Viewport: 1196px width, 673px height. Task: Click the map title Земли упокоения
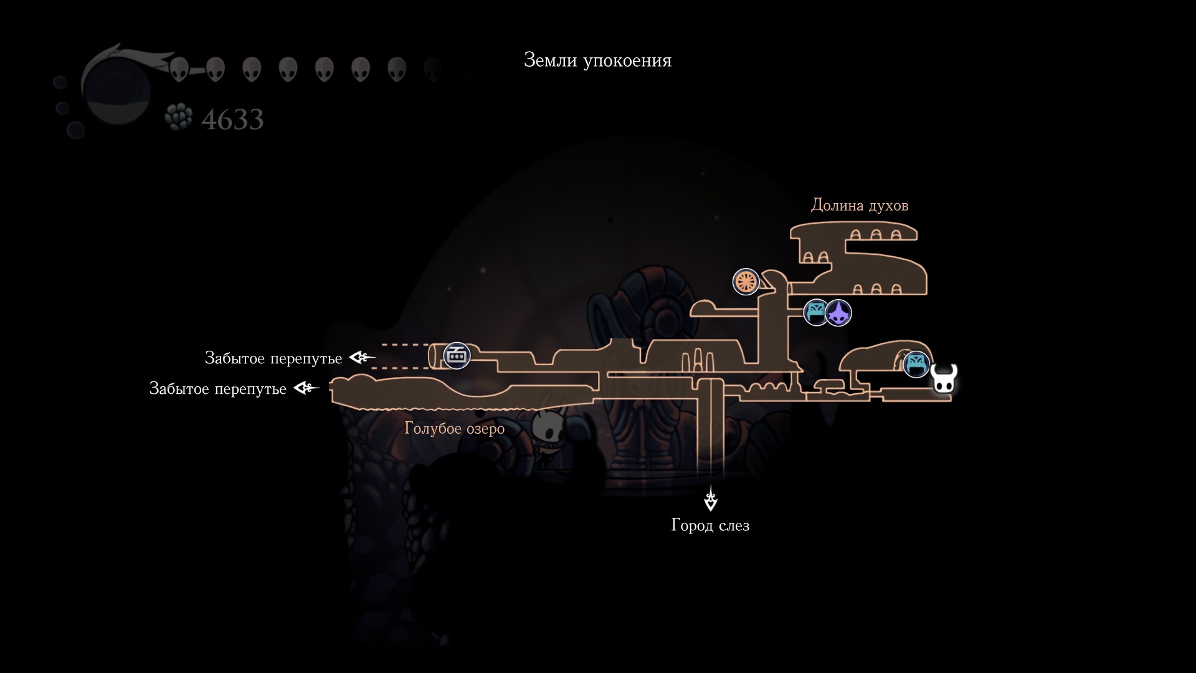click(x=597, y=60)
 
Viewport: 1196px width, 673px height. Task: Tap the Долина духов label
click(x=859, y=205)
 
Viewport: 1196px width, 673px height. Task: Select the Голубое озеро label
click(x=454, y=429)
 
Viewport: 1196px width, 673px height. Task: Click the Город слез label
click(x=710, y=525)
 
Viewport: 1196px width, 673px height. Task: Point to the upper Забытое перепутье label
click(x=273, y=358)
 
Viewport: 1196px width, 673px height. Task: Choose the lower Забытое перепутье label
click(x=217, y=389)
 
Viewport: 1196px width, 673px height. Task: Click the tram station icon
click(x=457, y=356)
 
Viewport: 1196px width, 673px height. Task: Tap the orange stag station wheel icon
click(x=746, y=282)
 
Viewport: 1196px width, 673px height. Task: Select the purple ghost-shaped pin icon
click(x=839, y=313)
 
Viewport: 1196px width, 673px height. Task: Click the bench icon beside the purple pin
click(x=815, y=312)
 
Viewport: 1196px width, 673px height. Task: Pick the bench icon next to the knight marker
click(x=916, y=365)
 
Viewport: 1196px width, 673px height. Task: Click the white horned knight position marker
click(x=944, y=378)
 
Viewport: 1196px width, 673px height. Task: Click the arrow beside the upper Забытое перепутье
click(x=362, y=358)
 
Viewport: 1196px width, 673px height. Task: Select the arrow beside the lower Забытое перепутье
click(x=306, y=388)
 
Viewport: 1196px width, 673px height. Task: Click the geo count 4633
click(x=232, y=120)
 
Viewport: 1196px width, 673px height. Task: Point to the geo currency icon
click(x=179, y=117)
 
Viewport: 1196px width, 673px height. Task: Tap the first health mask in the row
click(x=179, y=69)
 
